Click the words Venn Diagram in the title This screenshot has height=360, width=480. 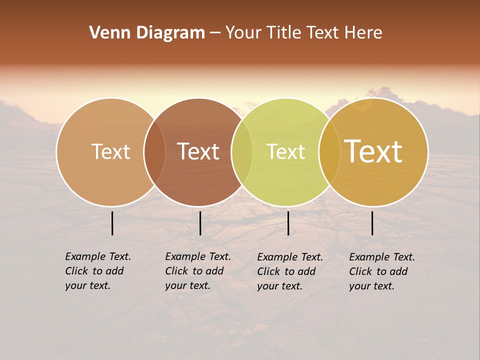(147, 32)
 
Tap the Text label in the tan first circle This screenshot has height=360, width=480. (110, 151)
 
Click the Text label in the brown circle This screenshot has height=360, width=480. (198, 151)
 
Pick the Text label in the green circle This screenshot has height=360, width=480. (285, 151)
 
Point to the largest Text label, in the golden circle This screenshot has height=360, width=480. (373, 151)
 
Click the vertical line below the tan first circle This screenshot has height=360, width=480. (112, 223)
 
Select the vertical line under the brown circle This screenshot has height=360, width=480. (200, 223)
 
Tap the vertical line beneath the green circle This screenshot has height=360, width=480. (288, 223)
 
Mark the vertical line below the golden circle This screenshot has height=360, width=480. (372, 223)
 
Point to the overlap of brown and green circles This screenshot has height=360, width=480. (242, 151)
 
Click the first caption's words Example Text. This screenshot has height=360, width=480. (98, 256)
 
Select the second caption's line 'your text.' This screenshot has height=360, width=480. (187, 285)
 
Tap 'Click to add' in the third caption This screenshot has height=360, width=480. (286, 271)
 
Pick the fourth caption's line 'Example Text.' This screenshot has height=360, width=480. (382, 257)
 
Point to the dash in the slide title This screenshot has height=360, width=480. (214, 33)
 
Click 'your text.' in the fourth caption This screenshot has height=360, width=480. (371, 286)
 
